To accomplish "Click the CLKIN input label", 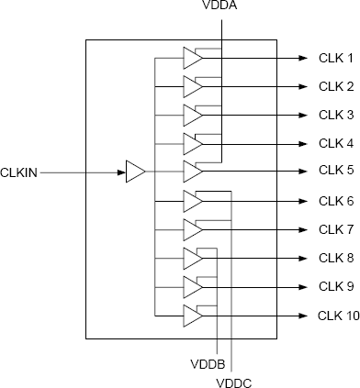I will point(19,171).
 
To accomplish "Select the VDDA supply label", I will point(221,6).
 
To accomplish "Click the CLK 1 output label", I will point(335,58).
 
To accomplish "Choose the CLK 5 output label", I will point(335,171).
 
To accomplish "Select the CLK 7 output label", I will point(335,228).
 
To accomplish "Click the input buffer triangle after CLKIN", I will point(135,172).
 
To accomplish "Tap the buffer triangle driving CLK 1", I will point(192,58).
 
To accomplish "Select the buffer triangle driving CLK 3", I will point(192,115).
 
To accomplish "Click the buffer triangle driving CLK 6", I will point(192,200).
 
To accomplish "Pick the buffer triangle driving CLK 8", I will point(192,258).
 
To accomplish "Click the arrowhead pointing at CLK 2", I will point(302,86).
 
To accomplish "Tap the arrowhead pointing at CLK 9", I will point(302,286).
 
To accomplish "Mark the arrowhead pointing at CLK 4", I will point(302,143).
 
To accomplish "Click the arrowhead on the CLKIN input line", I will point(120,172).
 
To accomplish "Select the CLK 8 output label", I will point(335,258).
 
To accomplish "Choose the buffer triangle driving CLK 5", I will point(192,172).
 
